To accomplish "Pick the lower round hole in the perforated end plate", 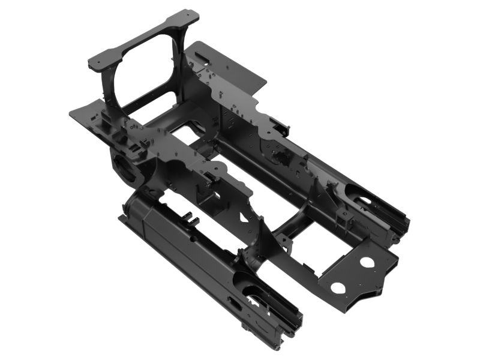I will (338, 287).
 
